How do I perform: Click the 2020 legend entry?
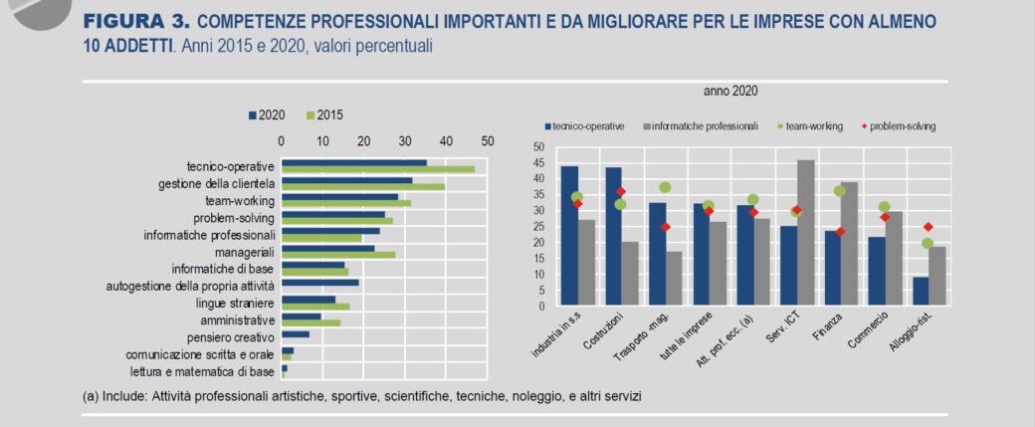pos(266,115)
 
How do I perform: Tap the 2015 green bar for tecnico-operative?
pos(378,169)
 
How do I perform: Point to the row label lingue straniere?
pos(235,302)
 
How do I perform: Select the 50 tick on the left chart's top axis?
pos(488,140)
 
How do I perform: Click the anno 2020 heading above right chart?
pos(731,91)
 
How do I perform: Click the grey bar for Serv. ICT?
pos(806,233)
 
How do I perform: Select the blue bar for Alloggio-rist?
pos(893,291)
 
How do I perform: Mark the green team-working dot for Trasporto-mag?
pos(665,187)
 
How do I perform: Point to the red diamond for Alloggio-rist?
pos(928,227)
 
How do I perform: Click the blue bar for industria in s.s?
pos(569,236)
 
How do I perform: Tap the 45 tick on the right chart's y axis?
pos(538,162)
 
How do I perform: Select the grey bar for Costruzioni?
pos(630,273)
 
